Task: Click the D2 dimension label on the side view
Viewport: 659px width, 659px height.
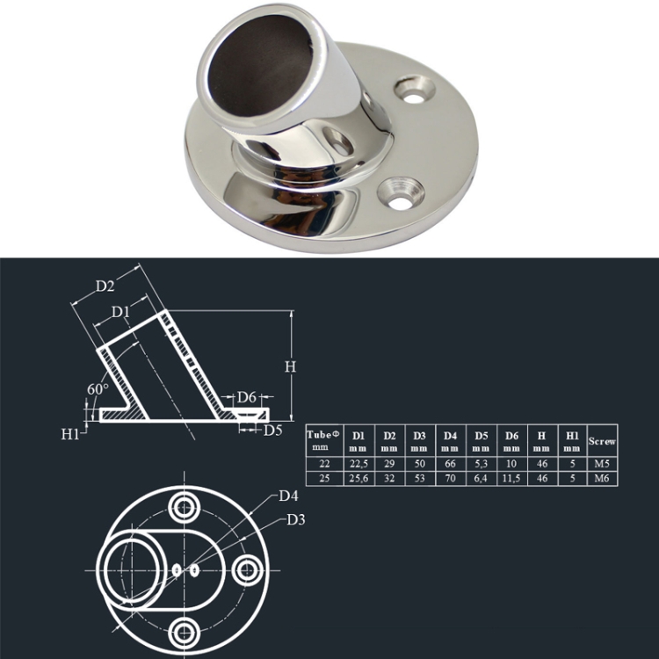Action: click(x=105, y=286)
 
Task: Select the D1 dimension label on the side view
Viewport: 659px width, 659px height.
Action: click(x=121, y=313)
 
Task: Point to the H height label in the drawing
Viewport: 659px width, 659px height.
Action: click(x=290, y=366)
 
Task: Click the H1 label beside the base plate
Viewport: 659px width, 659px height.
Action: click(x=71, y=433)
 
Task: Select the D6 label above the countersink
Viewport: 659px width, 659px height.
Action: click(x=247, y=397)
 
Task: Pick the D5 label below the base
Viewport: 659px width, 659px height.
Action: click(x=273, y=430)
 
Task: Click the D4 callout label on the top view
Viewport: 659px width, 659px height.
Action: click(x=289, y=496)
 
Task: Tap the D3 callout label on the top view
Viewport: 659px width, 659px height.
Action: click(x=296, y=520)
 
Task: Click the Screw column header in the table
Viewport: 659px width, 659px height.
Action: click(x=602, y=441)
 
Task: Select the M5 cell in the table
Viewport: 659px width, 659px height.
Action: click(x=602, y=462)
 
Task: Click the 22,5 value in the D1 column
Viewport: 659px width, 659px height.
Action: click(x=358, y=462)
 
